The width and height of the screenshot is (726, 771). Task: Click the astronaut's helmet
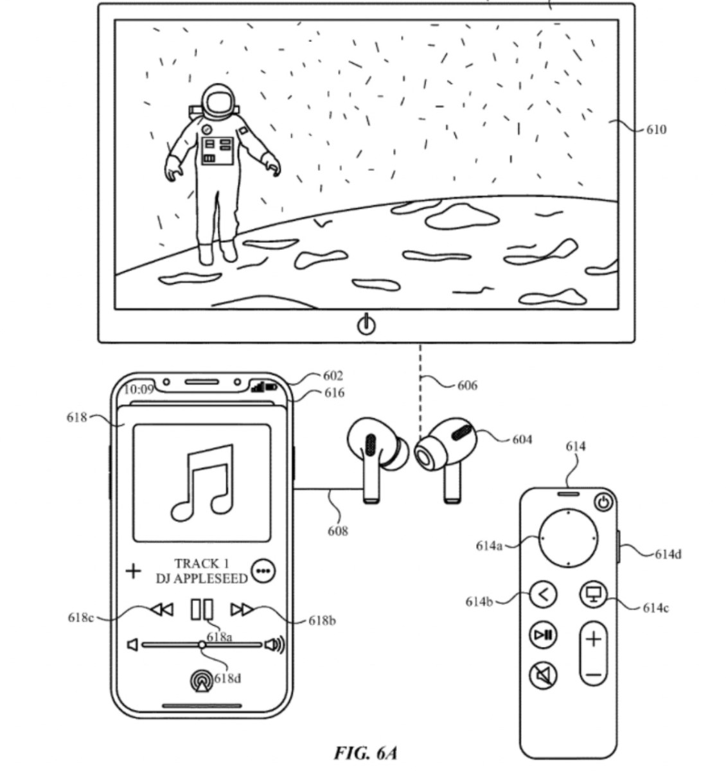(220, 103)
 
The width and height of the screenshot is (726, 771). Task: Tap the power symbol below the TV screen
(366, 324)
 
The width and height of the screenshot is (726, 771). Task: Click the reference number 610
(655, 130)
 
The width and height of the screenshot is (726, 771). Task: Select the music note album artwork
(202, 483)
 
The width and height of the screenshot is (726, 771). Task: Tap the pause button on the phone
(202, 609)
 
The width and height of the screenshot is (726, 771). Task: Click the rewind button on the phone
(161, 609)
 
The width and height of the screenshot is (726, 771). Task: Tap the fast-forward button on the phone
(242, 609)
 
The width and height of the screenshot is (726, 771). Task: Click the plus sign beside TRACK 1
(133, 571)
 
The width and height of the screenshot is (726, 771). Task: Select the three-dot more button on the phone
(263, 571)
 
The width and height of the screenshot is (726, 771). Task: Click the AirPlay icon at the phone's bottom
(202, 681)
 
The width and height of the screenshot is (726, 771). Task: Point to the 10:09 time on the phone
(139, 389)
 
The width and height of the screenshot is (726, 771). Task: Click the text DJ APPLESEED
(202, 578)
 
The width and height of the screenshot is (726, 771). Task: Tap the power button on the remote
(603, 502)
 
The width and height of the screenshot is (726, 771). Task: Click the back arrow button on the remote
(544, 595)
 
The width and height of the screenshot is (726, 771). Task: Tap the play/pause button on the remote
(544, 635)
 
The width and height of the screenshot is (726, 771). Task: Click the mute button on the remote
(544, 675)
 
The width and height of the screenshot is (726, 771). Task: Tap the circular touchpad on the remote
(569, 538)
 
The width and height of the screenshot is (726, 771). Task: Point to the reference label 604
(522, 439)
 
